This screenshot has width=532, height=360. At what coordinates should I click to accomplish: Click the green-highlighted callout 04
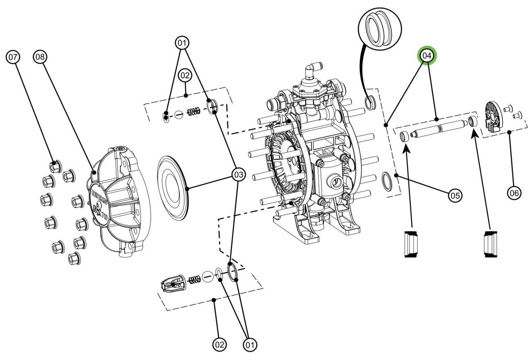coord(427,56)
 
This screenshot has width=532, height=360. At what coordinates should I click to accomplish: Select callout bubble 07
coord(13,57)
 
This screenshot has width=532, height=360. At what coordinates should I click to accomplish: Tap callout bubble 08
coord(40,57)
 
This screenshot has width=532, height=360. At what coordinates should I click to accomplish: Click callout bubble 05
coord(454,195)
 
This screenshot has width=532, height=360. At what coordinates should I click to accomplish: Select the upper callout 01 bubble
coord(182,43)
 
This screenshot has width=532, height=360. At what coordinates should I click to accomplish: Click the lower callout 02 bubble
coord(219,344)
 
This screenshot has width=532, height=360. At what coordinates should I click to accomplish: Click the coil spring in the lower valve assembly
coord(194,279)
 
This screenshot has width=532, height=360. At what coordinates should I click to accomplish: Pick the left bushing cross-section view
coord(412,244)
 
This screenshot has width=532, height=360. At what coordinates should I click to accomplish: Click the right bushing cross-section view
coord(490,244)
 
